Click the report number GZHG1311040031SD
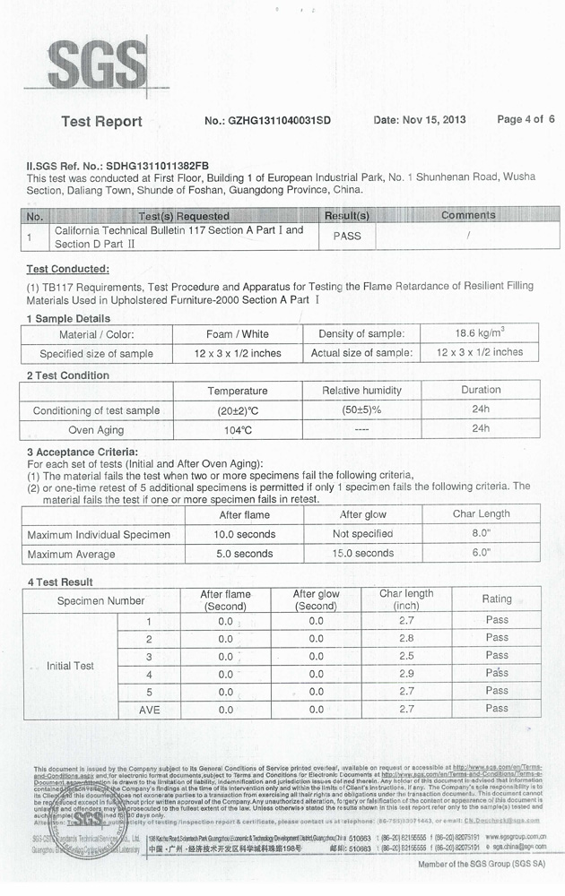click(x=267, y=120)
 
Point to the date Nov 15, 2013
click(x=419, y=120)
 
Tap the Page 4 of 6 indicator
click(x=526, y=119)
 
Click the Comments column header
click(x=467, y=215)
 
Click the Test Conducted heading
click(x=67, y=269)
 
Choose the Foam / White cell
click(x=237, y=334)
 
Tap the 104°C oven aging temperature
click(x=238, y=430)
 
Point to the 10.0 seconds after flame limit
click(x=244, y=534)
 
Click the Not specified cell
click(x=362, y=534)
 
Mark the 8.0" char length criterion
click(x=481, y=533)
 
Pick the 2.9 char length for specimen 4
click(x=406, y=674)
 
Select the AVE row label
click(x=149, y=710)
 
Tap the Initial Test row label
click(x=70, y=666)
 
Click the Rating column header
click(x=496, y=599)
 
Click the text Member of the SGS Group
click(x=481, y=865)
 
